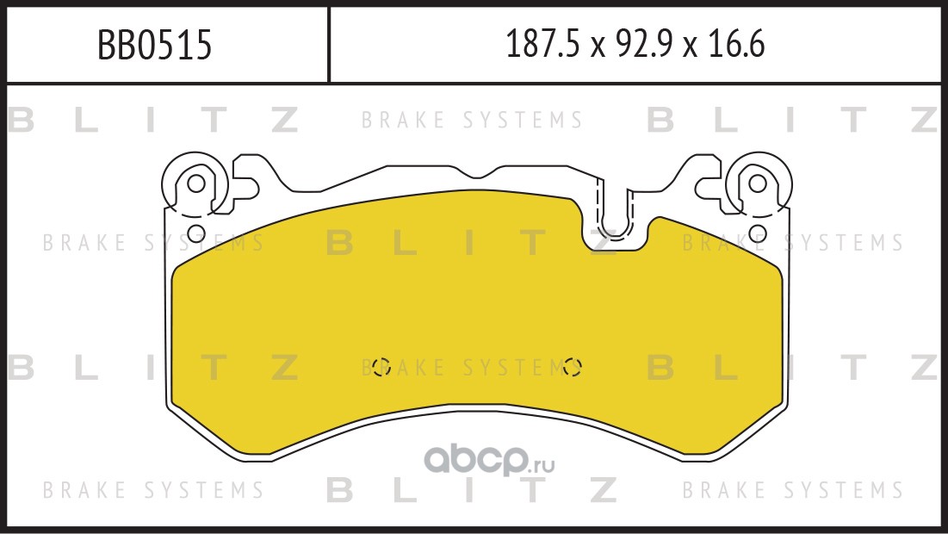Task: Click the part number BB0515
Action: click(155, 45)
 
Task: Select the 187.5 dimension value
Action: click(542, 44)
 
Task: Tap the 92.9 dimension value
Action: click(642, 44)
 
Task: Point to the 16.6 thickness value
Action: click(736, 44)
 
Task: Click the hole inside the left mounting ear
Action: click(196, 183)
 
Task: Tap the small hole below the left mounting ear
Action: click(196, 233)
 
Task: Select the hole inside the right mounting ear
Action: click(758, 183)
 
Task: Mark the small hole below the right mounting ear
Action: click(758, 233)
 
